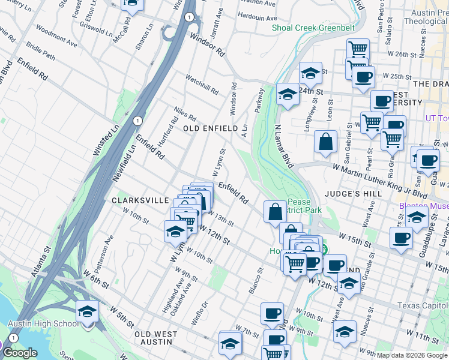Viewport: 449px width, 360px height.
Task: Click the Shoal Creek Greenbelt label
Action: [313, 28]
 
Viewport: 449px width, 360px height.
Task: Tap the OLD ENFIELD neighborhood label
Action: [207, 128]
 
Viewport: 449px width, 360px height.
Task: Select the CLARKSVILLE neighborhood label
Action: [139, 200]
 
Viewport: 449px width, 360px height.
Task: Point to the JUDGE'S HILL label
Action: [349, 194]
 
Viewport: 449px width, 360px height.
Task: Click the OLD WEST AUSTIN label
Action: [155, 338]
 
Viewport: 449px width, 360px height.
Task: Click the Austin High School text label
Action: [43, 324]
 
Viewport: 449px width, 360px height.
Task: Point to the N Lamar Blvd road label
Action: [286, 146]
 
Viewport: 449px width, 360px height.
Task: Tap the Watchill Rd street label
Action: [202, 84]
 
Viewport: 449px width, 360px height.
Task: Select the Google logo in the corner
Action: [20, 353]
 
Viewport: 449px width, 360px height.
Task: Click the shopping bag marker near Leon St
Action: [325, 142]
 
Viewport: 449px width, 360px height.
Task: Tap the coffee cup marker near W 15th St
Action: [401, 238]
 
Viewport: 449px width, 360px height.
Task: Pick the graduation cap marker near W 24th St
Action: [310, 74]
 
